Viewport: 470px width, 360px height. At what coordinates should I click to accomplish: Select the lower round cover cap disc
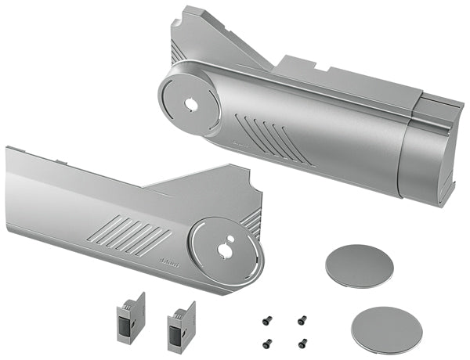(x=386, y=327)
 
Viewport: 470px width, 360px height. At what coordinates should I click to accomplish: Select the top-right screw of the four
(x=301, y=319)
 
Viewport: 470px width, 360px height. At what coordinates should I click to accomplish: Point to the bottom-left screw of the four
(x=267, y=341)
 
